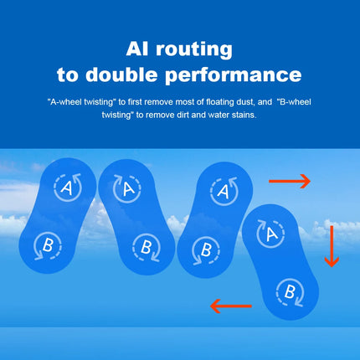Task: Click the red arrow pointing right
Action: tap(290, 181)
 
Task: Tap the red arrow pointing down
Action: tap(332, 246)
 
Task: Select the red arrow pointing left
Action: tap(231, 306)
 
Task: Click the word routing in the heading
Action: tap(194, 50)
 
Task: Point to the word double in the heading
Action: tap(121, 75)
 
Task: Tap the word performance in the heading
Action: tap(234, 75)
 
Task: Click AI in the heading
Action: tap(137, 49)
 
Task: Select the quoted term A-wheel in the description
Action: tap(65, 102)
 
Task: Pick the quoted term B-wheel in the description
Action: tap(294, 102)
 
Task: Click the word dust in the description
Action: tap(245, 102)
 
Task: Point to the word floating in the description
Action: tap(220, 102)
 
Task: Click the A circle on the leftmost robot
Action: tap(68, 188)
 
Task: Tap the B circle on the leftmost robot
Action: tap(48, 246)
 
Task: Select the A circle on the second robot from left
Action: tap(127, 188)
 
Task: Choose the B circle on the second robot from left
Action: tap(147, 248)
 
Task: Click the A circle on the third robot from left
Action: tap(224, 192)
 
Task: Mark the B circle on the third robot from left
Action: tap(206, 250)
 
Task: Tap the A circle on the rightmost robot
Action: tap(270, 234)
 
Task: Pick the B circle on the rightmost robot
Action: tap(290, 292)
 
